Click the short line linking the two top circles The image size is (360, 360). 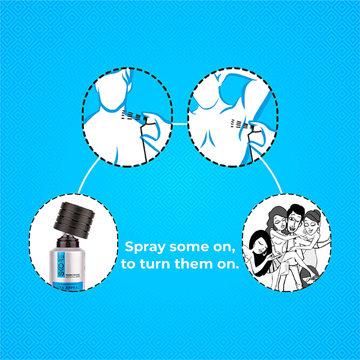pyautogui.click(x=180, y=124)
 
